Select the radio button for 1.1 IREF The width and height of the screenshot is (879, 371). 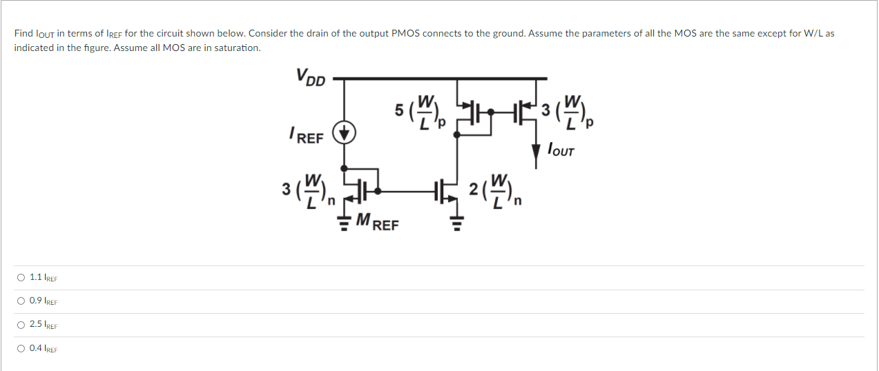[22, 278]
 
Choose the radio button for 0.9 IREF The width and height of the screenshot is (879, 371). [22, 301]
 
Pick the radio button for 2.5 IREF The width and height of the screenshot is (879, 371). [22, 325]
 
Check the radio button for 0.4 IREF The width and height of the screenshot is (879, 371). [22, 348]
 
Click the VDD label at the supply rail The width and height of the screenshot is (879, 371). [310, 77]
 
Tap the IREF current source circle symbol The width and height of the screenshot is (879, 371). [344, 132]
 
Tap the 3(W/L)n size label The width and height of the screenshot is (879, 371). [308, 190]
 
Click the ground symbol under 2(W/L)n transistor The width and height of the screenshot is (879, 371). [455, 222]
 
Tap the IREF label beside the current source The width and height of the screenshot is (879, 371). [306, 136]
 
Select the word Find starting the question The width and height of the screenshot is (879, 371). [23, 33]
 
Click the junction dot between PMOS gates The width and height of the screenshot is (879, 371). [490, 110]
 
